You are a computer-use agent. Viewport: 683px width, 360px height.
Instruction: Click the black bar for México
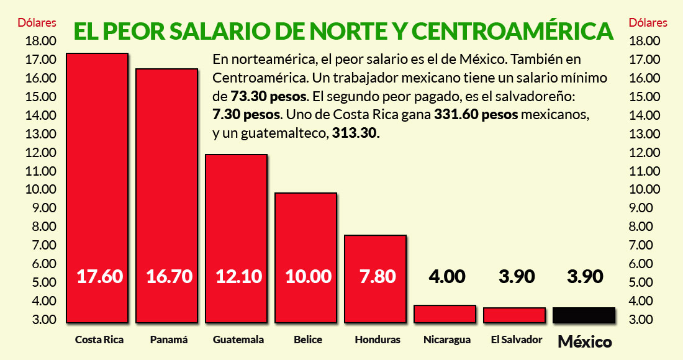tap(584, 315)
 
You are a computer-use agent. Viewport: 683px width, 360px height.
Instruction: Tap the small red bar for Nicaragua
tap(445, 313)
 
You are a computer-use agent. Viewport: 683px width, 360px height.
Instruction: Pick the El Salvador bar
tap(514, 315)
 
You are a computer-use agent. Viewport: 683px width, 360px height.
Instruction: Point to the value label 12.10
tap(237, 276)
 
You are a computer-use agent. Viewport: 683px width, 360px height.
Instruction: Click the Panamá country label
tap(169, 340)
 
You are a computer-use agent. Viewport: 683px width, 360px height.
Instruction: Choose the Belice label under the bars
tap(307, 340)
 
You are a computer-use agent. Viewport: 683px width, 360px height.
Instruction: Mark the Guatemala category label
tap(238, 340)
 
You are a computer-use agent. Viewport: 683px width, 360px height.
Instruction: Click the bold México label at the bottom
tap(585, 342)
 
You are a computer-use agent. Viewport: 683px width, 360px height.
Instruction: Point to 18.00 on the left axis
tap(40, 42)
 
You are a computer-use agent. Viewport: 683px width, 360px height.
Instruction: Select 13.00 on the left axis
tap(40, 134)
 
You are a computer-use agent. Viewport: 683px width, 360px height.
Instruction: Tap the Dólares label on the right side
tap(648, 23)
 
